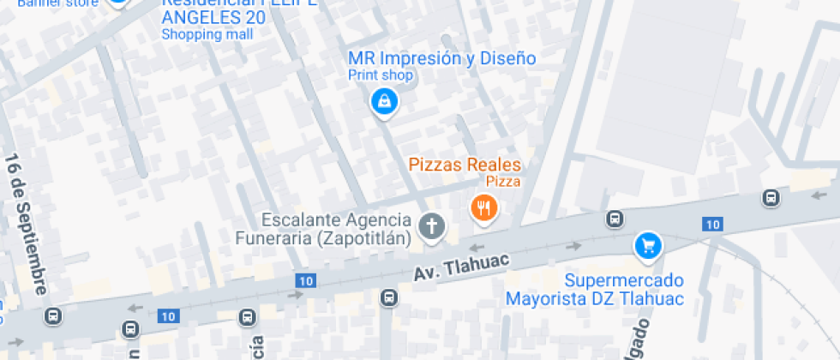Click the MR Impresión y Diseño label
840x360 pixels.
(x=441, y=58)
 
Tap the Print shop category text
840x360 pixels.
(x=381, y=75)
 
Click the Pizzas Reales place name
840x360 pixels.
(x=465, y=164)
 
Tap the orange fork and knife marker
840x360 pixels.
(x=484, y=207)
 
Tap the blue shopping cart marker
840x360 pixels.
(x=648, y=246)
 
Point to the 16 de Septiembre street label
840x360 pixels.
(x=27, y=225)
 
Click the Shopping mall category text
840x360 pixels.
(x=207, y=34)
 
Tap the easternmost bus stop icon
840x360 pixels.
(x=771, y=199)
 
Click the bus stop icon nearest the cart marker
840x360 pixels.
(x=615, y=219)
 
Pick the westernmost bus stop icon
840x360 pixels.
(x=53, y=315)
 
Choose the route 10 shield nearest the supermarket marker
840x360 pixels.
(x=712, y=224)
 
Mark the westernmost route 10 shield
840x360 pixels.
(x=168, y=316)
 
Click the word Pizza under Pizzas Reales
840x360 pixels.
(x=503, y=181)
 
